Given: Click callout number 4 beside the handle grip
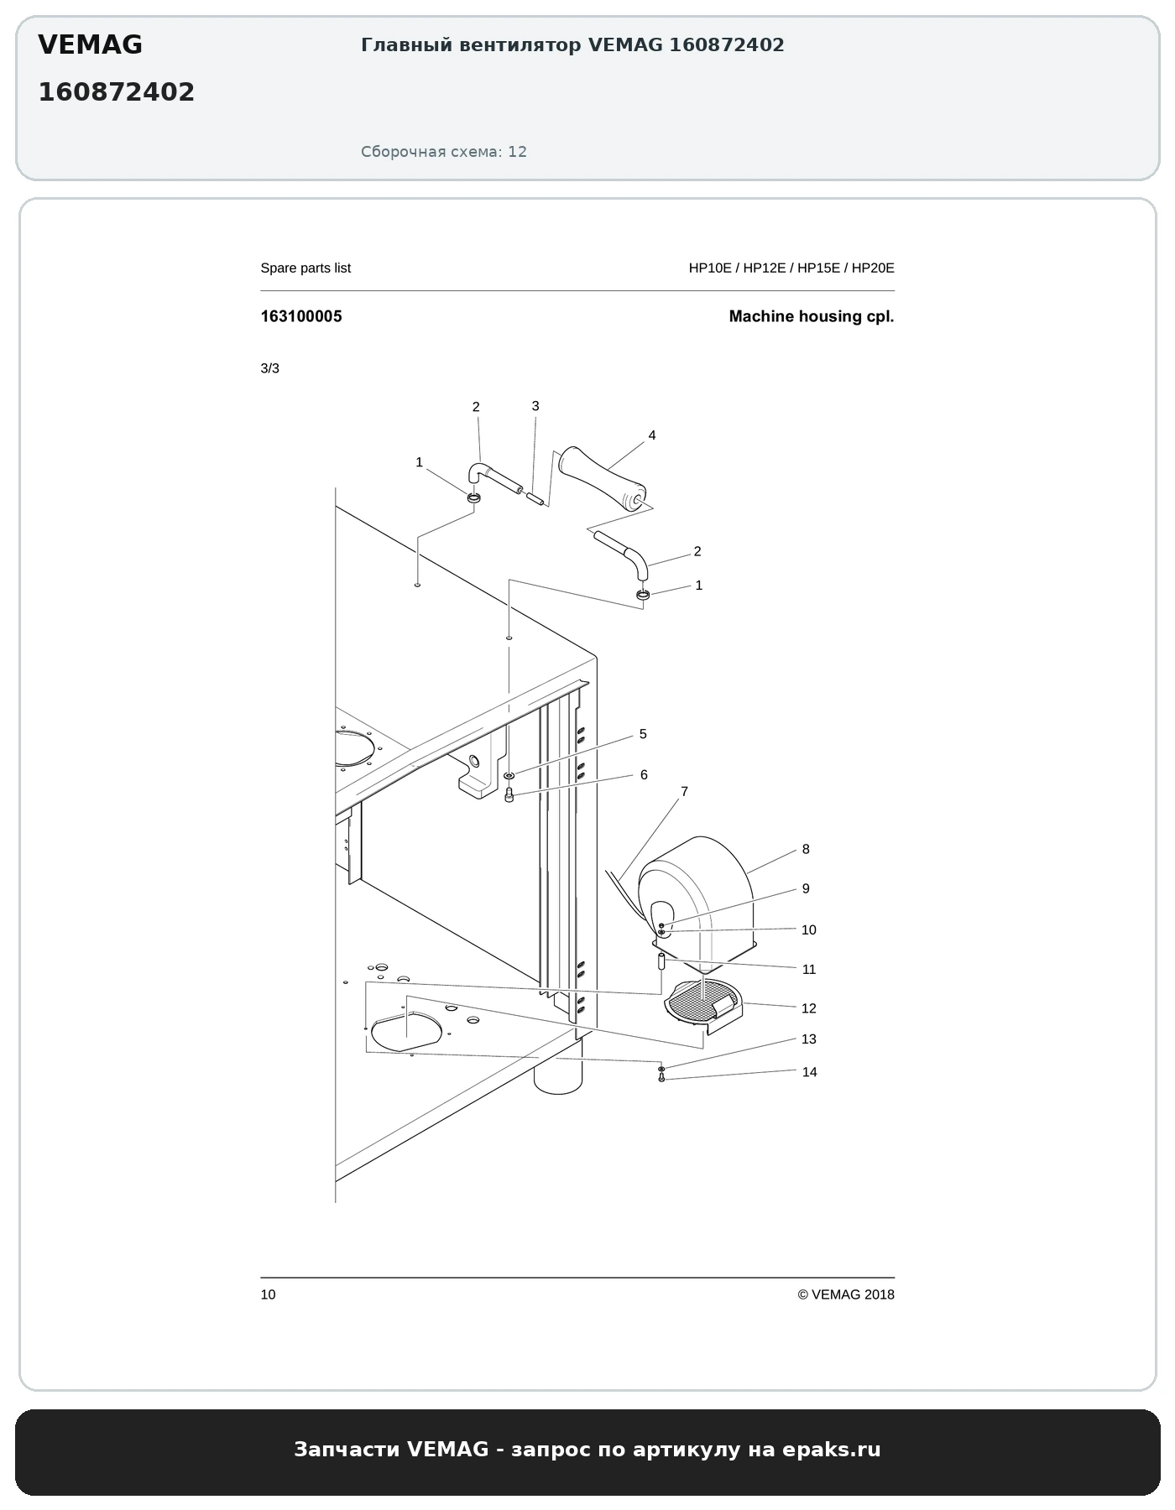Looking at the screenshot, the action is click(x=652, y=435).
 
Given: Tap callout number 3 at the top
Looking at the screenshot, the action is click(x=535, y=406).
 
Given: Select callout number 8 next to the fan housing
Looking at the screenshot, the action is click(x=806, y=849).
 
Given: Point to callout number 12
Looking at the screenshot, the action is click(x=809, y=1008).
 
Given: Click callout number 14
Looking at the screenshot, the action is click(x=809, y=1072).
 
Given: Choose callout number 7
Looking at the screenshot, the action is click(x=685, y=791).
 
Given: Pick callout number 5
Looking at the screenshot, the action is click(x=643, y=734).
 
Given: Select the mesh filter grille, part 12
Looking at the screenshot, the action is click(x=703, y=1002).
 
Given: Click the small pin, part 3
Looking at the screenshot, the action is click(x=535, y=498).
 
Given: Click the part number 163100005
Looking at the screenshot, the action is click(x=301, y=316).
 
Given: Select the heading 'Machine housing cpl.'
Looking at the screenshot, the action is click(x=812, y=316).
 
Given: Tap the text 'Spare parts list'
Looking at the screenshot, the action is click(x=305, y=268).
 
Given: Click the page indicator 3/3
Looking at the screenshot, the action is click(x=269, y=368).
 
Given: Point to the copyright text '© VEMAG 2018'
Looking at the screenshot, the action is click(x=846, y=1294).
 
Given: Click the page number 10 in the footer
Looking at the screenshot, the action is click(x=268, y=1294).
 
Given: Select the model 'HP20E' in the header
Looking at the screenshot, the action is click(x=873, y=268).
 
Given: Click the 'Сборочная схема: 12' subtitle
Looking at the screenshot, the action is click(x=444, y=152).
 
